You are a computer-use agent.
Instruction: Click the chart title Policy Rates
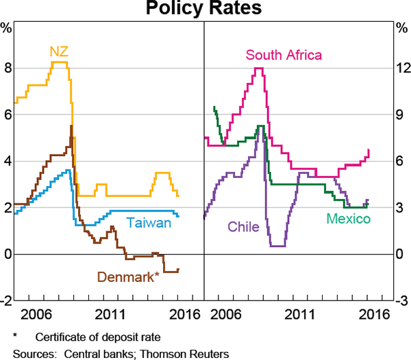205,9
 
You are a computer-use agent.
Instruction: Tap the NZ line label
58,51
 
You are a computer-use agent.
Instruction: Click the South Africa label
284,55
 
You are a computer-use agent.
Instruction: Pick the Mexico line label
348,219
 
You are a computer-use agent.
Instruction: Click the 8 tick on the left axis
8,68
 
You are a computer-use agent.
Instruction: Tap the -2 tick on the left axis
6,300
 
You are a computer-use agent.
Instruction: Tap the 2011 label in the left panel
110,314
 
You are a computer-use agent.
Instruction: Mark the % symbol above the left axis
7,28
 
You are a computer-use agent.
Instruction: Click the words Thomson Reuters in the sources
186,354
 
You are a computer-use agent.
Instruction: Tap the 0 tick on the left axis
8,254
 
